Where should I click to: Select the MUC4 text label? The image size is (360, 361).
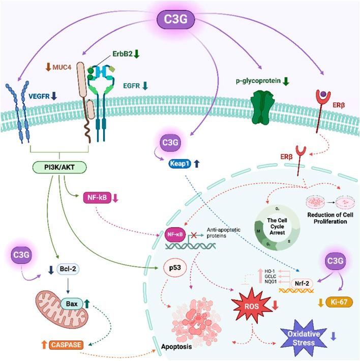coord(61,67)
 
